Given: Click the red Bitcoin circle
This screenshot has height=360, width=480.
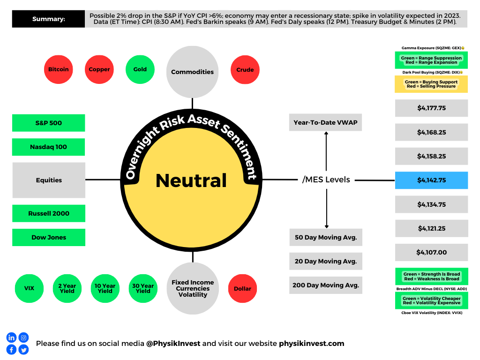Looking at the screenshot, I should pyautogui.click(x=58, y=69).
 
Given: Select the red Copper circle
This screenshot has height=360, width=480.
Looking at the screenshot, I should pyautogui.click(x=99, y=69).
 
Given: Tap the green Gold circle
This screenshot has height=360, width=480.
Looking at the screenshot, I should pyautogui.click(x=140, y=69).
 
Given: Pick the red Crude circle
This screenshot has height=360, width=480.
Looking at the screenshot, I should pyautogui.click(x=245, y=70).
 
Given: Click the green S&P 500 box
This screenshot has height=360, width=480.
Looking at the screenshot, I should pyautogui.click(x=49, y=123).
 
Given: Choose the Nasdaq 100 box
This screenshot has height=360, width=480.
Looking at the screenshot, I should pyautogui.click(x=49, y=147).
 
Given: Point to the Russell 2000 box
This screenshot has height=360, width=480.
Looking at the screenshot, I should pyautogui.click(x=49, y=213).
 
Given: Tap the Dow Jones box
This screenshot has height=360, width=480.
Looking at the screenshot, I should pyautogui.click(x=49, y=237).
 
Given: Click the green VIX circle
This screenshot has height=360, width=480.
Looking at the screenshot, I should pyautogui.click(x=30, y=289).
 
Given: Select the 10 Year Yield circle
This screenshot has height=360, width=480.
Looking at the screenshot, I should pyautogui.click(x=105, y=289).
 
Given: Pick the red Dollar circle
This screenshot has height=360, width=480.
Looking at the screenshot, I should pyautogui.click(x=242, y=289).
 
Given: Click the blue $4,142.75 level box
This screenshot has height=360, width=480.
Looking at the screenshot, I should pyautogui.click(x=431, y=180).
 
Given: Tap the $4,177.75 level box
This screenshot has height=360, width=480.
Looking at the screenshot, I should pyautogui.click(x=431, y=108).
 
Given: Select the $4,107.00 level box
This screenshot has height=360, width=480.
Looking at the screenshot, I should pyautogui.click(x=431, y=252).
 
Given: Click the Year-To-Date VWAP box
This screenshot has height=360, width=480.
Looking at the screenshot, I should pyautogui.click(x=326, y=123).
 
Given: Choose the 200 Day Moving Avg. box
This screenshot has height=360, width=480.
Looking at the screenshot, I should pyautogui.click(x=326, y=285).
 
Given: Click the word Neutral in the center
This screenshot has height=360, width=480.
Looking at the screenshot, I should pyautogui.click(x=191, y=180).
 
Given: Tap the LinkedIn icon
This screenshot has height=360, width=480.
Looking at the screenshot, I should pyautogui.click(x=11, y=337).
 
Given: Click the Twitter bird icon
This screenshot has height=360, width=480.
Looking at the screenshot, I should pyautogui.click(x=23, y=349).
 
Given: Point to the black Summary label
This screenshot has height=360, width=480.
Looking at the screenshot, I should pyautogui.click(x=49, y=19).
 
